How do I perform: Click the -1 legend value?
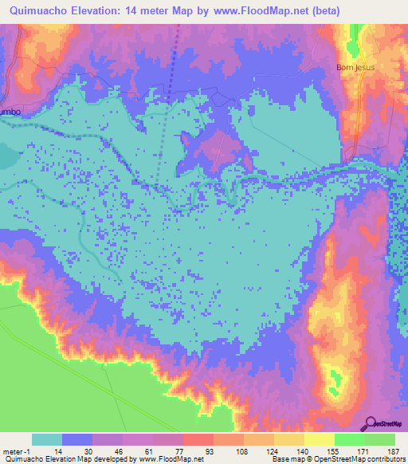point(28,451)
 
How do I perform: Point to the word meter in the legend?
point(14,451)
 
